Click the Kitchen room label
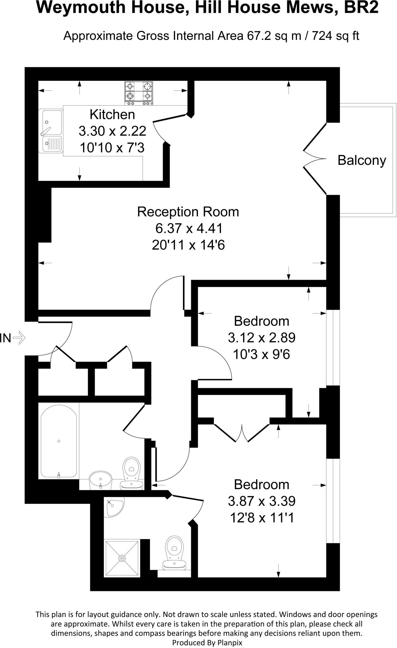112,115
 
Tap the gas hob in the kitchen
139,93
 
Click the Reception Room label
188,212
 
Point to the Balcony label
362,160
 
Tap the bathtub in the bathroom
59,441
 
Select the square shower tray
122,558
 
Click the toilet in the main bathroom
132,473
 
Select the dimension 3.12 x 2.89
262,338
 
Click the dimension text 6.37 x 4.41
188,228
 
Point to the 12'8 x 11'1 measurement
262,518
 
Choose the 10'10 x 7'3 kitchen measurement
112,147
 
